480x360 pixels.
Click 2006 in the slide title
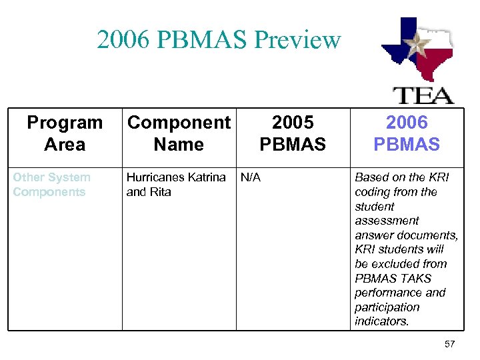point(121,40)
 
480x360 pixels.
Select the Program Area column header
point(65,133)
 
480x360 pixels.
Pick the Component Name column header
point(179,133)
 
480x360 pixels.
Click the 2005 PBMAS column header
point(293,133)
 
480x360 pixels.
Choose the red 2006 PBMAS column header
point(407,133)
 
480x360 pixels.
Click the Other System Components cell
point(51,185)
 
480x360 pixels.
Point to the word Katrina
point(207,177)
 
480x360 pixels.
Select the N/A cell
point(251,177)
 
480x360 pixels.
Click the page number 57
point(449,344)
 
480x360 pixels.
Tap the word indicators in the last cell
point(381,321)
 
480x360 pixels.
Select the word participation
point(387,307)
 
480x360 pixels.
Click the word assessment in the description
point(387,221)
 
